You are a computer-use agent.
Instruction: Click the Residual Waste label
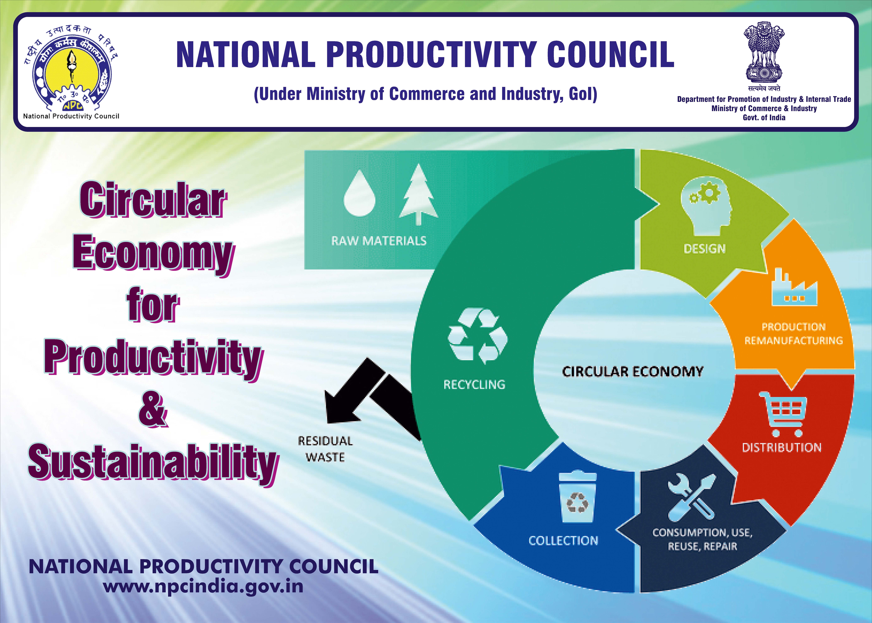pos(325,449)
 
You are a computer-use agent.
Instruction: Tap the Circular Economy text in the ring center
pos(633,371)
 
